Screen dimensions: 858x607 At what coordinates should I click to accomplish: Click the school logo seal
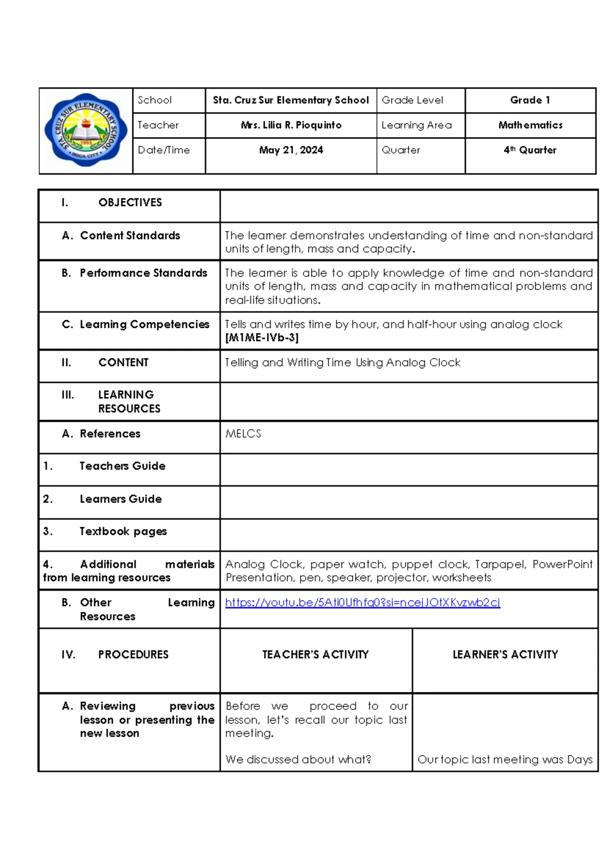[86, 131]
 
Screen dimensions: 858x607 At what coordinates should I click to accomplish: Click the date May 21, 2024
[291, 150]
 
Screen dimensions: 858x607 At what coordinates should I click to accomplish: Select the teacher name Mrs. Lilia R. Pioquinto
[291, 125]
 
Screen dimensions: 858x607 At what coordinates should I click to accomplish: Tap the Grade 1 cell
[530, 100]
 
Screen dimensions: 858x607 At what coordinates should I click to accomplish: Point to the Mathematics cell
[530, 125]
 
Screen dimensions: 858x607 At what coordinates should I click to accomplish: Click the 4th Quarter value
[530, 150]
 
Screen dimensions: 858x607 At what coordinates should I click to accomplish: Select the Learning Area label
[416, 125]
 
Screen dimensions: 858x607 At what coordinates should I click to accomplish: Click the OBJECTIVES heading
[130, 202]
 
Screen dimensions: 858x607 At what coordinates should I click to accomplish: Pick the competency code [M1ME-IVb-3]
[262, 338]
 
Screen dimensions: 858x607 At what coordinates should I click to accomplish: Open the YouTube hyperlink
[362, 603]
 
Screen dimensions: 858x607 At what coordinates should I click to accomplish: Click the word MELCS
[243, 434]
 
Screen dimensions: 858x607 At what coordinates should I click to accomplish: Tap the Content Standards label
[129, 236]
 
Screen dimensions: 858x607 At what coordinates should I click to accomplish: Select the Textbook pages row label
[123, 531]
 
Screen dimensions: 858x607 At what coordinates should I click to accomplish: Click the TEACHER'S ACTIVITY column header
[315, 655]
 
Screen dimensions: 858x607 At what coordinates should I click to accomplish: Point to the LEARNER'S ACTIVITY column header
[505, 655]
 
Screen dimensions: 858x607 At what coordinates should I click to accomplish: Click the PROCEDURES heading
[133, 655]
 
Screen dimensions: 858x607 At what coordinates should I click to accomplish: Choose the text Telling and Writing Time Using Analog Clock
[342, 363]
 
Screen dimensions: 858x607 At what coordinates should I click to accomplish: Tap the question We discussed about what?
[298, 759]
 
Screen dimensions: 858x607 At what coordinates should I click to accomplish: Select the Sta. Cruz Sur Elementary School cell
[291, 100]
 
